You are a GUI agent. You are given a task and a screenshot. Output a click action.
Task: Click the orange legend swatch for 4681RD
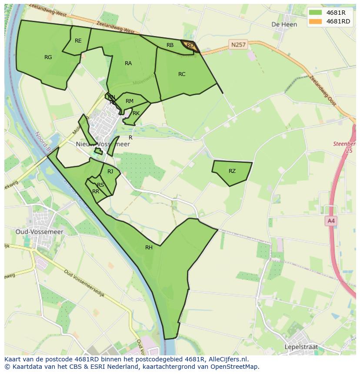[316, 22]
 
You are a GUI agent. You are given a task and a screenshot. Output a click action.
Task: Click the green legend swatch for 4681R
[316, 13]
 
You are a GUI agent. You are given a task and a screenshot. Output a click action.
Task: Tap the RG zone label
[48, 57]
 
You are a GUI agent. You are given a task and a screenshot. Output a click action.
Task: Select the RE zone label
[78, 41]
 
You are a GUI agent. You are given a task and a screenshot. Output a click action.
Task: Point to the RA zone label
[128, 63]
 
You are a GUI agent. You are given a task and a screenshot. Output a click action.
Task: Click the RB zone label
[170, 45]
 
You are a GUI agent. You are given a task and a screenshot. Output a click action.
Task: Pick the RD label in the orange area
[190, 46]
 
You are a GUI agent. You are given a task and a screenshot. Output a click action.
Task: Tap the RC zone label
[182, 74]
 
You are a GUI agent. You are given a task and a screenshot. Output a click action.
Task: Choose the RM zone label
[129, 101]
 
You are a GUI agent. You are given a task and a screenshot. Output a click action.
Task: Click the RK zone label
[136, 113]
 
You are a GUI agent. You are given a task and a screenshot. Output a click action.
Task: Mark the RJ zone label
[110, 171]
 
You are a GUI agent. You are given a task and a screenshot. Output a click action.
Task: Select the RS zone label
[100, 185]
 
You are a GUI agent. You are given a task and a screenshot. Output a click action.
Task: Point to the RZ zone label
[232, 171]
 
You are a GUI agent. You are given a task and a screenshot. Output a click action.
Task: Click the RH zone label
[149, 248]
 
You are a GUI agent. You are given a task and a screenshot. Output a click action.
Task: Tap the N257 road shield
[238, 44]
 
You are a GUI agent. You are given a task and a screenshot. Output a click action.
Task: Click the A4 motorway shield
[331, 221]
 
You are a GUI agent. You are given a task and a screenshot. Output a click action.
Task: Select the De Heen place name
[284, 24]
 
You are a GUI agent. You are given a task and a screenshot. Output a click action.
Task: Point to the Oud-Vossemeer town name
[40, 232]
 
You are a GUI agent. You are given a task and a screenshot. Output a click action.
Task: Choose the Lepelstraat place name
[301, 347]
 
